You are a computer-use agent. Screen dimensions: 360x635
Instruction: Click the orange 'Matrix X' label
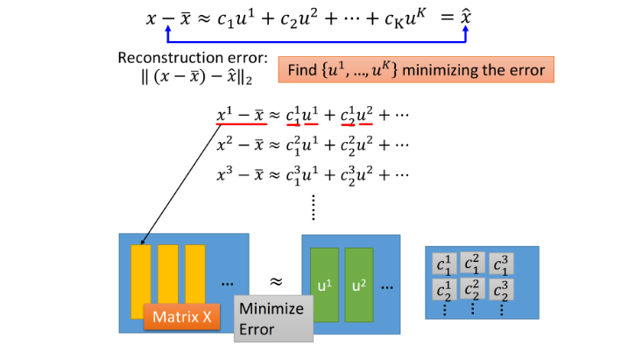point(182,316)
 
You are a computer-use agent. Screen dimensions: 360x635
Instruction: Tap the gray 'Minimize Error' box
point(273,319)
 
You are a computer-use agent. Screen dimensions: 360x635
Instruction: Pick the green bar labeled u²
point(358,285)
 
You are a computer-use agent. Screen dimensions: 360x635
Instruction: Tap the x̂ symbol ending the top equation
point(467,17)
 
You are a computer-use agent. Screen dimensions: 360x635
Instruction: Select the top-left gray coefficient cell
point(444,264)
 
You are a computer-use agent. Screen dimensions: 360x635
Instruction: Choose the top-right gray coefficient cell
point(500,264)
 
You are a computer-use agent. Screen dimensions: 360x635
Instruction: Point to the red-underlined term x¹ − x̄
point(242,116)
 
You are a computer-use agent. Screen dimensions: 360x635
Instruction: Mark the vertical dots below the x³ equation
point(313,208)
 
